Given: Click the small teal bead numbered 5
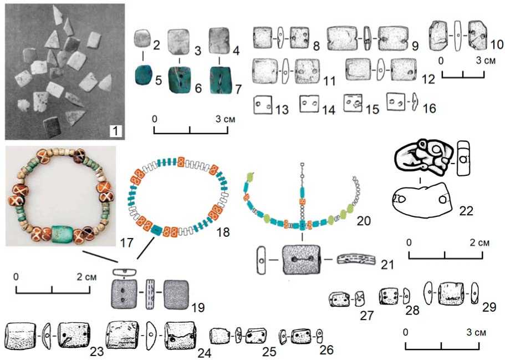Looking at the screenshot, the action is [144, 75].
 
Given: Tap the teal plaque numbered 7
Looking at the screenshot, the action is [220, 80].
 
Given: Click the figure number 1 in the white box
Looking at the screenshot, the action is [116, 131].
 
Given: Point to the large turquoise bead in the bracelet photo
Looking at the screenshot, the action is [62, 233].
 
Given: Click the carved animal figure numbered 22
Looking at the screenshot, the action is [422, 157].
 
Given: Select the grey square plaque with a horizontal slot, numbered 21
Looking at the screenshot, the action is [302, 260].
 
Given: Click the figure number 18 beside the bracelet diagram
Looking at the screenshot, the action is [223, 231].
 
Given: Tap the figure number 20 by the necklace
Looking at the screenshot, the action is [364, 221].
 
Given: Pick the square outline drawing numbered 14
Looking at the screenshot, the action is [309, 104].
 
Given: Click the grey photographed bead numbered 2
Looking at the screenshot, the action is [142, 38].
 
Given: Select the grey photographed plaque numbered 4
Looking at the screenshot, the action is [220, 40].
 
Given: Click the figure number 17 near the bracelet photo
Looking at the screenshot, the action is [126, 242].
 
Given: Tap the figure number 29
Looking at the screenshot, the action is [489, 307].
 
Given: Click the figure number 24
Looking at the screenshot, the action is [205, 352].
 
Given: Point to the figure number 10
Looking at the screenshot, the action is [497, 44].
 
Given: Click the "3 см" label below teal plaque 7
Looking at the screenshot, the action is [226, 119].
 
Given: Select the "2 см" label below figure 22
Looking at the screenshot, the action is [480, 242].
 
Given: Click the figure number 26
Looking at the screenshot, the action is [327, 349].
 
